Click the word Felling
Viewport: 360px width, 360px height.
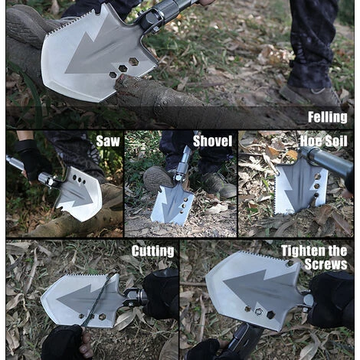point(328,117)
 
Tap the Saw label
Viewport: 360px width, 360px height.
point(108,141)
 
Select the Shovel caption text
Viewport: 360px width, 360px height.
point(213,141)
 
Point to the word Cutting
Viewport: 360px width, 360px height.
point(153,251)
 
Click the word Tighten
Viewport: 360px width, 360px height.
point(303,251)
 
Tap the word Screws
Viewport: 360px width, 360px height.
point(326,264)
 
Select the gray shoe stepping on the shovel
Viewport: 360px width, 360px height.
point(159,178)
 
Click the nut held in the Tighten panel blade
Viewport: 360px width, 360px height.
point(259,312)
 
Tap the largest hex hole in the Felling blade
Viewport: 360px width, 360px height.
point(133,61)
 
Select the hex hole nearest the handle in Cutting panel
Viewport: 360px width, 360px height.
point(102,317)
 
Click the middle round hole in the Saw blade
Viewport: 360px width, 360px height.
point(79,179)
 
